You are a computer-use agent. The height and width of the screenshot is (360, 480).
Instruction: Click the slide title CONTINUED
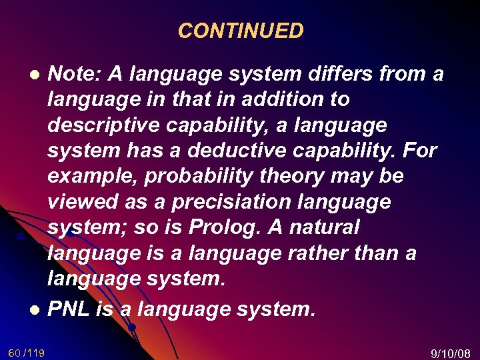pos(241,31)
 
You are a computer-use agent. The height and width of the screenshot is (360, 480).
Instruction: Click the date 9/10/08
pos(451,353)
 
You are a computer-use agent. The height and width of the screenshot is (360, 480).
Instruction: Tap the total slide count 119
pos(35,352)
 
